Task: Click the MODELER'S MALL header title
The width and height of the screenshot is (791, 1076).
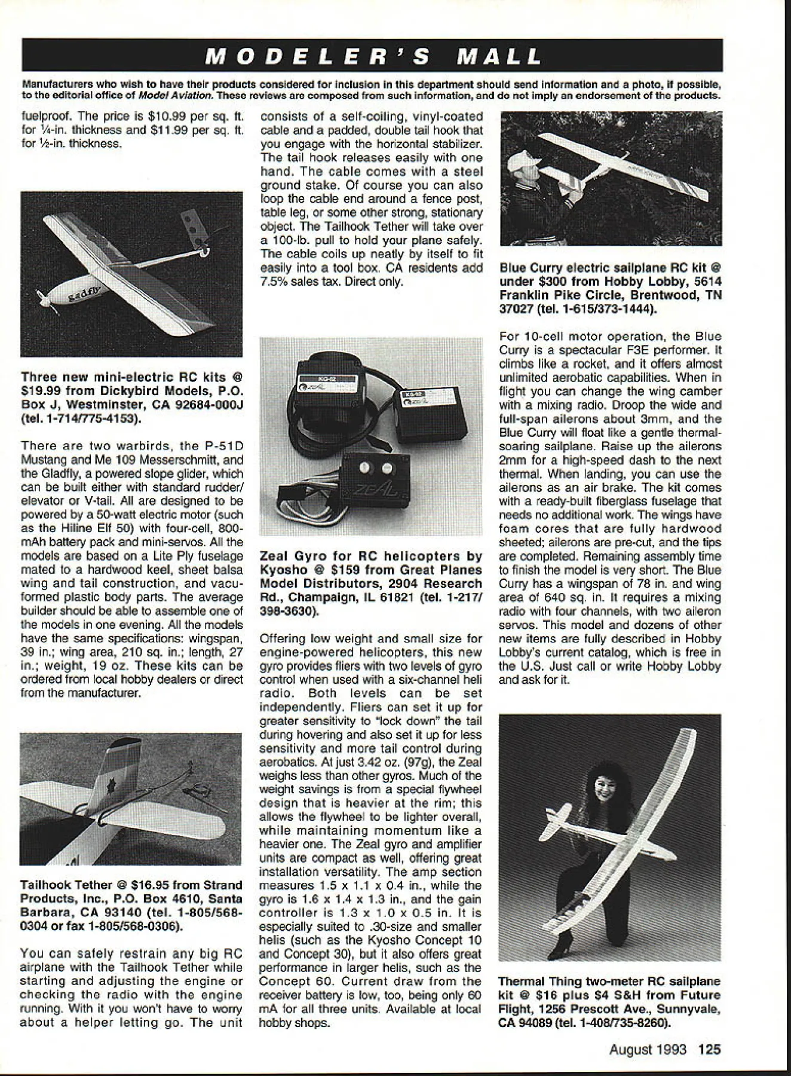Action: pos(373,56)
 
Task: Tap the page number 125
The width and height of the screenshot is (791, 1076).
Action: pos(710,1049)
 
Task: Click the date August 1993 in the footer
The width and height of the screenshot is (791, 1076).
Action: pos(648,1049)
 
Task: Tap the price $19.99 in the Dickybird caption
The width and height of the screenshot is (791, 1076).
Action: pos(39,391)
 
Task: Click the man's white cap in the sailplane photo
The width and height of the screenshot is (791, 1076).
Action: pos(524,157)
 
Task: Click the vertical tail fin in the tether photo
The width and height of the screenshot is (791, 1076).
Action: pos(116,777)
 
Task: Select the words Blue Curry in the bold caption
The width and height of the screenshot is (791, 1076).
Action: pos(526,268)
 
